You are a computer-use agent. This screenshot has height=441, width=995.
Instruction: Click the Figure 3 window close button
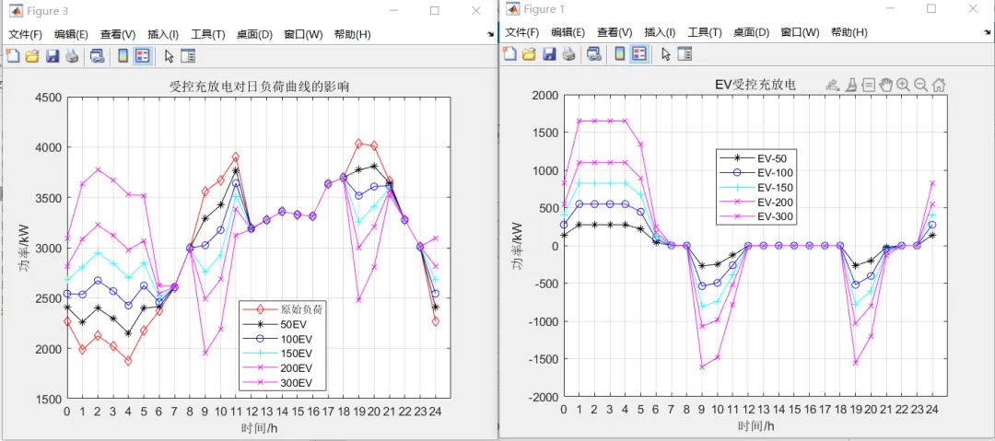(476, 10)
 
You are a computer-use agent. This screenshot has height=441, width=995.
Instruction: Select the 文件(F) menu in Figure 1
(521, 32)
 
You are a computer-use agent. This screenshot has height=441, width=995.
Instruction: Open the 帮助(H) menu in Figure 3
(352, 34)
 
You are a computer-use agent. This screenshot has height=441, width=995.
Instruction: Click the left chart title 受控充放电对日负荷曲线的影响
(259, 87)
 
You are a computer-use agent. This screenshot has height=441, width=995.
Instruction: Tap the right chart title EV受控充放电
(755, 85)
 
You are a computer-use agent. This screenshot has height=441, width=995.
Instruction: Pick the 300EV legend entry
(296, 381)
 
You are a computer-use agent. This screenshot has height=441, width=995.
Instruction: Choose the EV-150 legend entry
(772, 187)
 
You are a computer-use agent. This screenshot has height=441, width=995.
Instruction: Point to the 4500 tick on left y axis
(46, 98)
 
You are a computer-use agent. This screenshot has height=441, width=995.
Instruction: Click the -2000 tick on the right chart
(539, 397)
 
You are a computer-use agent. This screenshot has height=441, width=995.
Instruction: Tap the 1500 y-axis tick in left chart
(46, 400)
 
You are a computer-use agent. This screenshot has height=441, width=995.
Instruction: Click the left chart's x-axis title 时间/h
(259, 427)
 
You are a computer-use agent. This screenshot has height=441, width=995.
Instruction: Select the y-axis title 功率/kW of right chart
(520, 246)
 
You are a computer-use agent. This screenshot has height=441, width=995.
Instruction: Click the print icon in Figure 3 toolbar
(72, 56)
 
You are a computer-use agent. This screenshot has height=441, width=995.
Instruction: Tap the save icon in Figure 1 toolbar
(549, 53)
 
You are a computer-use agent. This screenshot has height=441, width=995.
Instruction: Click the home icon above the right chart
(938, 85)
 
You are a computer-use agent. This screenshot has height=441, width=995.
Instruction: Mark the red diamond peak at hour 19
(358, 143)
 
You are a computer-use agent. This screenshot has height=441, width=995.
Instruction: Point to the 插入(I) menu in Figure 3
(163, 34)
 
